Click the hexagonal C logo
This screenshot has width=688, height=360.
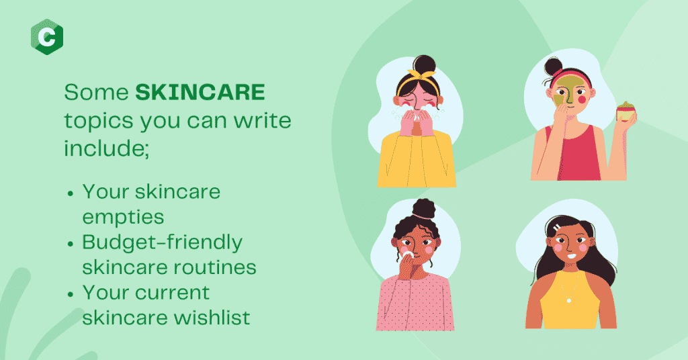point(47,37)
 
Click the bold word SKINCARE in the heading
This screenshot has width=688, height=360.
point(200,92)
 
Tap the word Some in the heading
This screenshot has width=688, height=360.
point(97,92)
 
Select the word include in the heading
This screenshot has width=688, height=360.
point(104,148)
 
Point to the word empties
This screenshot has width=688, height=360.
point(124,217)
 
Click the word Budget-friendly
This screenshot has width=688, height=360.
point(163,242)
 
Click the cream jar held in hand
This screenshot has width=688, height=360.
point(626,111)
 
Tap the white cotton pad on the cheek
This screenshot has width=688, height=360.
point(407,255)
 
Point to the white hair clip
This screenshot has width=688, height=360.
point(556,228)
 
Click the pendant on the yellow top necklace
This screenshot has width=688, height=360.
point(569,300)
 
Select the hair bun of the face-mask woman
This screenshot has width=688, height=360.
point(553,66)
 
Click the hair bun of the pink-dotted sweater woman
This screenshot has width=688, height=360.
point(423,208)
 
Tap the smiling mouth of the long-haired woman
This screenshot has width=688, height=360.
point(570,257)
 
